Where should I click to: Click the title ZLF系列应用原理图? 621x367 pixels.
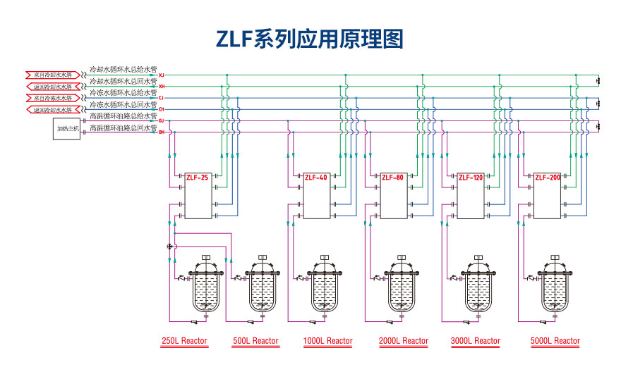click(310, 38)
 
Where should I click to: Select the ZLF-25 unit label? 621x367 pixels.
click(197, 178)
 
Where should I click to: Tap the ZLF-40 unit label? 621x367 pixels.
click(315, 178)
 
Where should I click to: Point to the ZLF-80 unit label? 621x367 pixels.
click(392, 178)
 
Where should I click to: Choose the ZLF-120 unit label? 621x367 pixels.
click(470, 178)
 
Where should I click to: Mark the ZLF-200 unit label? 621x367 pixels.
click(547, 178)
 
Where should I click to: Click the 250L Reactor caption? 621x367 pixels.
click(184, 341)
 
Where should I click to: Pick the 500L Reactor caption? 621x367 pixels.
click(255, 341)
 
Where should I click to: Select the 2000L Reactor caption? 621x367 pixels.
click(404, 341)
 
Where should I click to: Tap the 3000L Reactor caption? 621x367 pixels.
click(476, 341)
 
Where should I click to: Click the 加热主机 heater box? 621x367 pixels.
click(67, 129)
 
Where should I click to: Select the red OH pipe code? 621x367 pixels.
click(162, 132)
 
